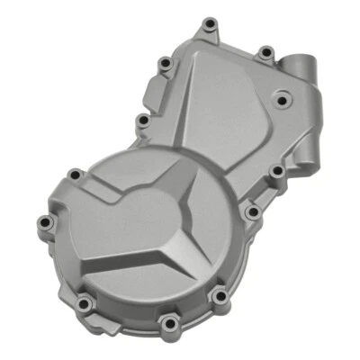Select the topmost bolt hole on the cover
(209, 23)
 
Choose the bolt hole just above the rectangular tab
(163, 63)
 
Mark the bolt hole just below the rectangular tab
(142, 120)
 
